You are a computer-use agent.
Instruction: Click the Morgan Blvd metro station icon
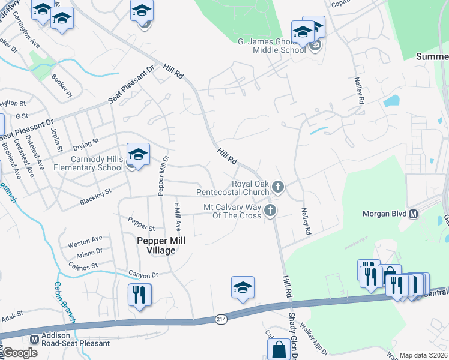pyautogui.click(x=413, y=214)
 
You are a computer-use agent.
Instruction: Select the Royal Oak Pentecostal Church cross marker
pyautogui.click(x=277, y=187)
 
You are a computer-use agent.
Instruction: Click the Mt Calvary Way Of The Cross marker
pyautogui.click(x=271, y=211)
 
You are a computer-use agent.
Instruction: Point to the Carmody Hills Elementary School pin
pyautogui.click(x=138, y=156)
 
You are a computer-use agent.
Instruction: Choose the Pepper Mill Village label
pyautogui.click(x=161, y=245)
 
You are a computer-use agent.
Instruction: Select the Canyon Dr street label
pyautogui.click(x=142, y=274)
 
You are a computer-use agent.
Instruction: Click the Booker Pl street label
pyautogui.click(x=62, y=86)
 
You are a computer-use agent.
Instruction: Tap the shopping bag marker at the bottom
pyautogui.click(x=279, y=349)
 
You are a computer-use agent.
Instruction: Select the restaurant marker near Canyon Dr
pyautogui.click(x=139, y=295)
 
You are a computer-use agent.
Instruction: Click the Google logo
pyautogui.click(x=19, y=353)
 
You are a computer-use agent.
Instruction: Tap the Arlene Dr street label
pyautogui.click(x=89, y=253)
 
